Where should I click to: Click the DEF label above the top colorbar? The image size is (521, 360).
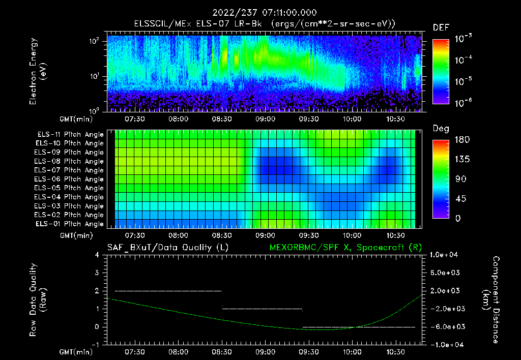coord(441,27)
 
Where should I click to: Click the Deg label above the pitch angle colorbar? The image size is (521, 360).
coord(441,129)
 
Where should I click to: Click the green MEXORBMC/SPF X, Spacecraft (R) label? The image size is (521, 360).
coord(345,248)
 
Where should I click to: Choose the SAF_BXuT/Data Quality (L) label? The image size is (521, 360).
coord(167,248)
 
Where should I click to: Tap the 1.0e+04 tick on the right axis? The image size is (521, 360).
coord(445,255)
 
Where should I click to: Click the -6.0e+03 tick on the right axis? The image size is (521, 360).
coord(445,326)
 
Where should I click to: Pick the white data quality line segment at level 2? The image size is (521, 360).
coord(168,291)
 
